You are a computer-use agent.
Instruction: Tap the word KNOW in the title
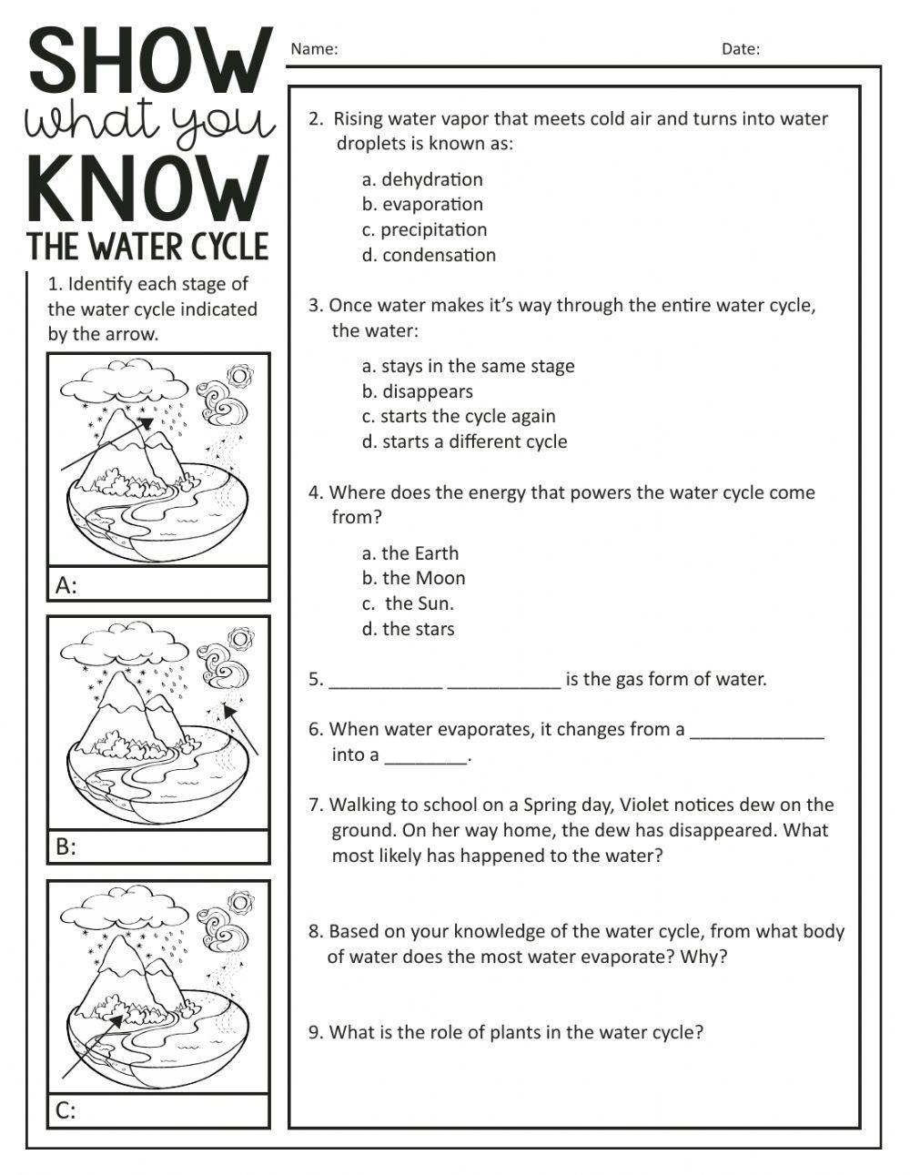point(148,189)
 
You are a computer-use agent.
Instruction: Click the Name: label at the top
point(314,49)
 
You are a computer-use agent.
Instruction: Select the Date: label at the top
point(741,49)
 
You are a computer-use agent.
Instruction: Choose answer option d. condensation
point(429,255)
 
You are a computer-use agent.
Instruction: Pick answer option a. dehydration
point(422,179)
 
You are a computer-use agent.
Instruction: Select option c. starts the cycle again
point(459,416)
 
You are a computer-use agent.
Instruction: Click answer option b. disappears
point(418,391)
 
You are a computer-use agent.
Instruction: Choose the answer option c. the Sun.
point(409,603)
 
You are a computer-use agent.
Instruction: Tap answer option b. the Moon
point(413,578)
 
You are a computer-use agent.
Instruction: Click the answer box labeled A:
point(158,584)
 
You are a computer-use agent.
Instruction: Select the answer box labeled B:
point(158,846)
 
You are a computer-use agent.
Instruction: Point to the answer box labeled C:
point(158,1110)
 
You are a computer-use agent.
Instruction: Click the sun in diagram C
point(240,901)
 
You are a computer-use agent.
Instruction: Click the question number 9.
point(315,1032)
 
